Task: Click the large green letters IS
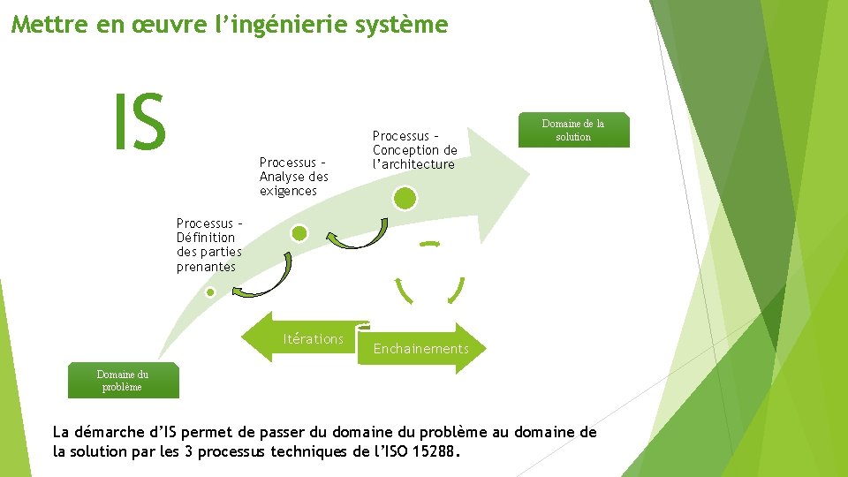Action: [139, 124]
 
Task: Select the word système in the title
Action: [408, 25]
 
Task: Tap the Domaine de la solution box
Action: [573, 130]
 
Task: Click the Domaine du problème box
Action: [123, 381]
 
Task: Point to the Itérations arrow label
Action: [313, 339]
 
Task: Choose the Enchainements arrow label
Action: [421, 349]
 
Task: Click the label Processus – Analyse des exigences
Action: [293, 177]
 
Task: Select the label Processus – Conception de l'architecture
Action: [414, 150]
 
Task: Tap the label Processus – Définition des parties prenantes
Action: [208, 246]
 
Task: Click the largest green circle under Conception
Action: [405, 198]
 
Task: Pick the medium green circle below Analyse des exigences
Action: [299, 233]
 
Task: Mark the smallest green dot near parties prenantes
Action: [210, 291]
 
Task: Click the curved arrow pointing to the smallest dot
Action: [266, 279]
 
